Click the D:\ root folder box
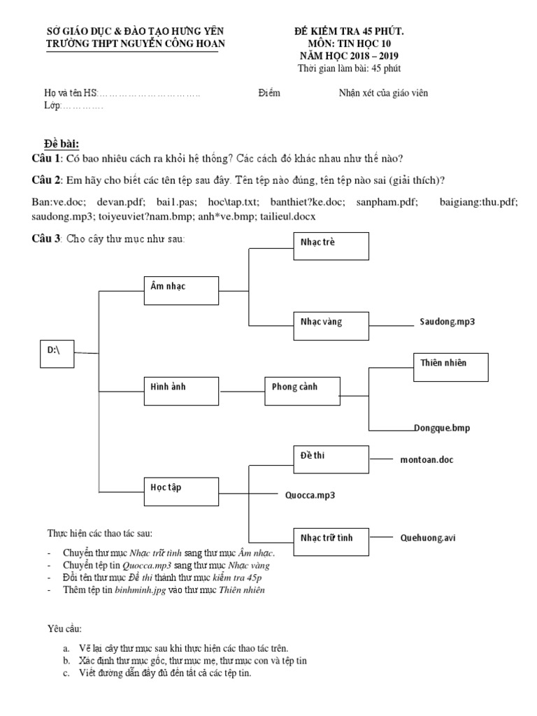coord(57,353)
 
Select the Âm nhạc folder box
coord(179,289)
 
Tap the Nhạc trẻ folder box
coord(331,246)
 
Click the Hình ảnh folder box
coord(179,390)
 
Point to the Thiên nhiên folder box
coord(450,367)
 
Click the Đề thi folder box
coord(331,459)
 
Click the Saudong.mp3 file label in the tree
coord(447,322)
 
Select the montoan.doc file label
coord(431,460)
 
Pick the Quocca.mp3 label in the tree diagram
coord(310,495)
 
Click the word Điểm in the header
coord(269,93)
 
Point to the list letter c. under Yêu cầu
coord(65,673)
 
